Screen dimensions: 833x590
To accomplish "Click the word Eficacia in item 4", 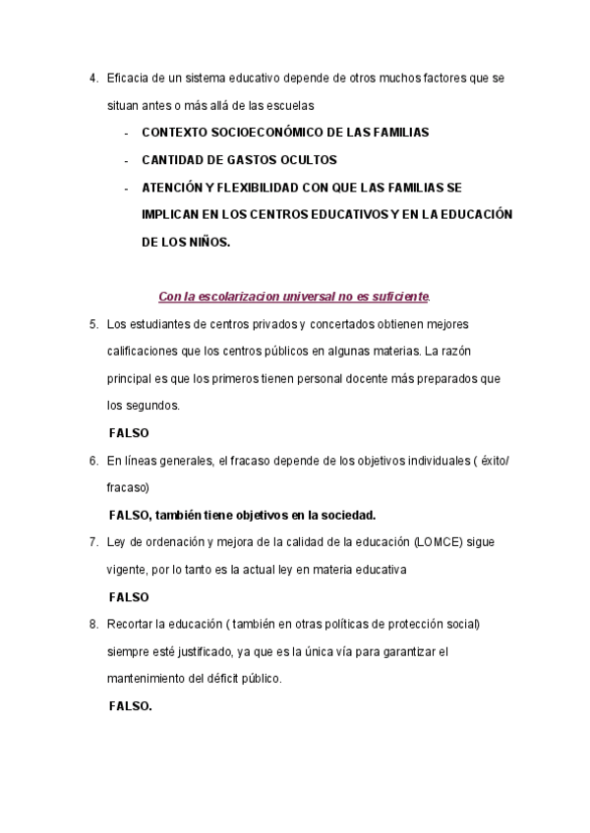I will pyautogui.click(x=127, y=77).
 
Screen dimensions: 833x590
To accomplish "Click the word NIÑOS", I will pyautogui.click(x=210, y=241).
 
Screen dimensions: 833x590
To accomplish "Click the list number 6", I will pyautogui.click(x=93, y=460).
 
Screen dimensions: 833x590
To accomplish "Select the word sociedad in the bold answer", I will pyautogui.click(x=346, y=515).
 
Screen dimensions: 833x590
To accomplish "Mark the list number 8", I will pyautogui.click(x=93, y=624).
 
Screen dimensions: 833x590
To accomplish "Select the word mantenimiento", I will pyautogui.click(x=146, y=679).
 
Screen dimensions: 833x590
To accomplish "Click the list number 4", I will pyautogui.click(x=93, y=77).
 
